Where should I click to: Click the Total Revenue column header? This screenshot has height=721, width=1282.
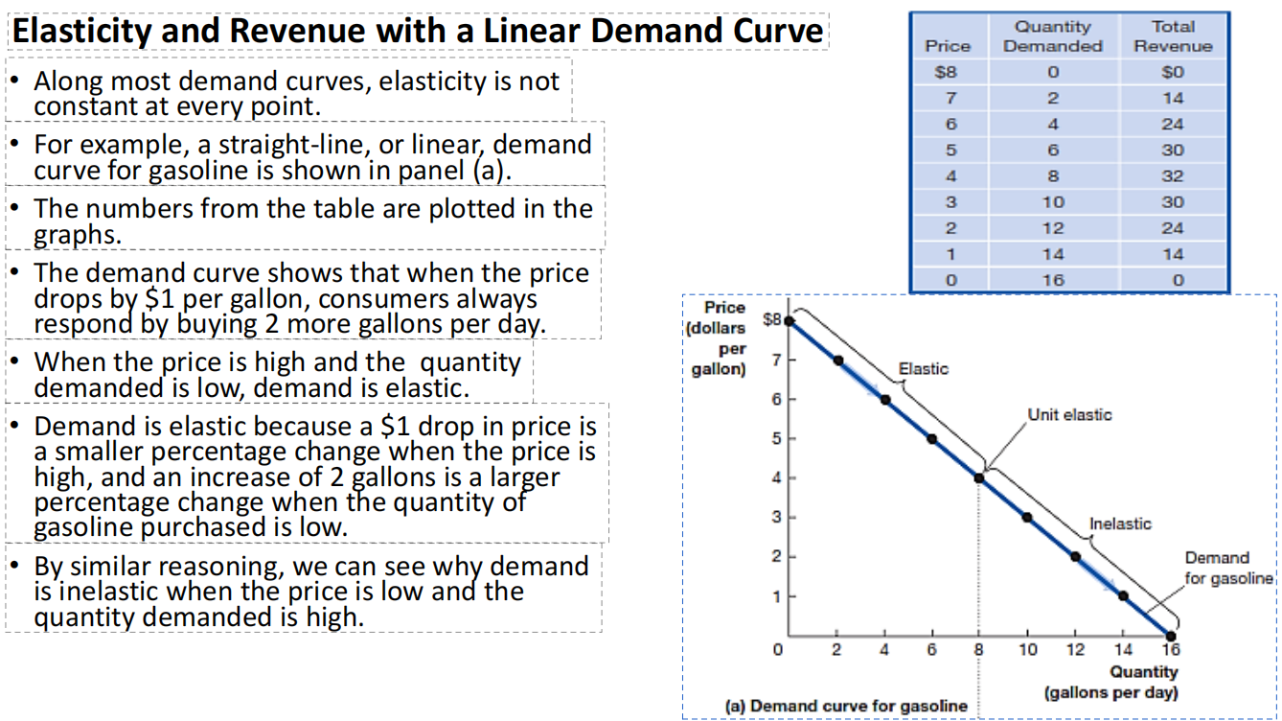(x=1173, y=36)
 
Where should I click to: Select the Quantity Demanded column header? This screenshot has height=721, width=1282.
(x=1052, y=36)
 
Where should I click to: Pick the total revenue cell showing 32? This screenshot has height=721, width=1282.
(x=1173, y=176)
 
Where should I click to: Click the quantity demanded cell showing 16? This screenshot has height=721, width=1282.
(x=1052, y=280)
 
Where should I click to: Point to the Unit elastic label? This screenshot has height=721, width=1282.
(x=1069, y=415)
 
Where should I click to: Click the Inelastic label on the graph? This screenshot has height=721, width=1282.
(x=1120, y=523)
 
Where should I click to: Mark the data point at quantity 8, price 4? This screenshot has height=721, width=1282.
(x=979, y=477)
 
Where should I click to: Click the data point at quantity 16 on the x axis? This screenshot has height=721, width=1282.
(x=1170, y=636)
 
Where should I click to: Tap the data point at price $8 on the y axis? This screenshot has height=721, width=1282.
(x=790, y=320)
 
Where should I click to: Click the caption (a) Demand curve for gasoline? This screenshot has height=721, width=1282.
(x=846, y=706)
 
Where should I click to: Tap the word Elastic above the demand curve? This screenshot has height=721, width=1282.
(x=923, y=369)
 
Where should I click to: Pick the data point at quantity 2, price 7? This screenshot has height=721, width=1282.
(x=837, y=360)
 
